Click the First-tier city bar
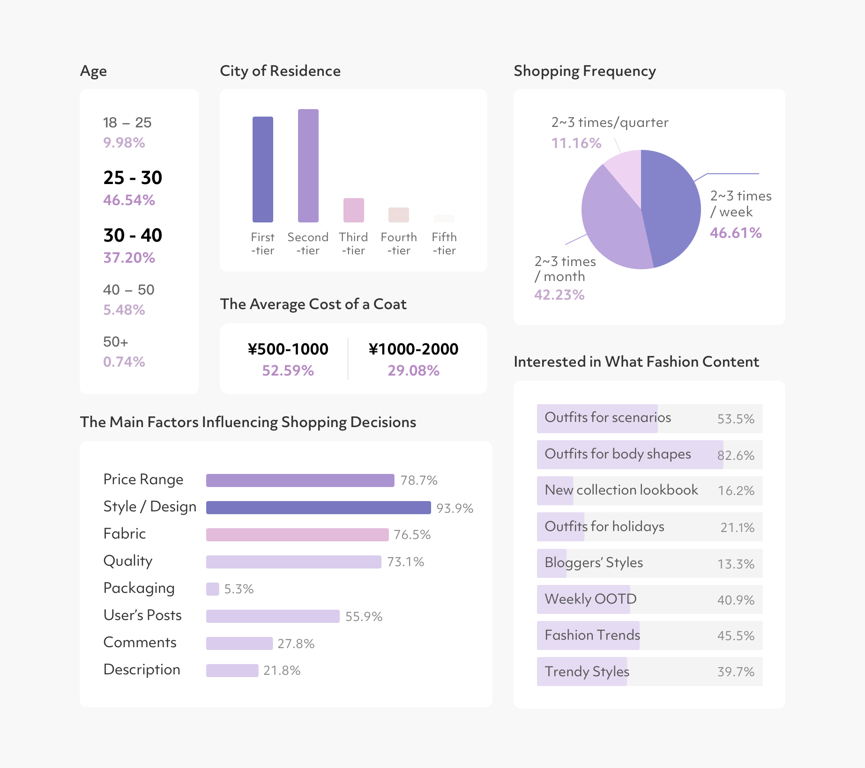[x=262, y=169]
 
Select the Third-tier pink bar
[x=353, y=210]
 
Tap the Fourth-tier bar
[x=398, y=214]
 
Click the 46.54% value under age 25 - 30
[x=129, y=200]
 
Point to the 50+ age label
[x=115, y=342]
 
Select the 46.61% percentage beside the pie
[x=736, y=233]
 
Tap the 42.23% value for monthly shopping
[x=559, y=295]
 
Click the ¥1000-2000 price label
[x=413, y=349]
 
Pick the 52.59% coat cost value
[x=288, y=371]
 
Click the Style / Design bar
[x=318, y=508]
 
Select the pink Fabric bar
[x=297, y=535]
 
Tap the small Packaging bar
[x=212, y=589]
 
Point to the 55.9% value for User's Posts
[x=364, y=617]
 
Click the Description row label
[x=142, y=670]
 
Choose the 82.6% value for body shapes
[x=736, y=455]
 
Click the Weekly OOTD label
[x=590, y=599]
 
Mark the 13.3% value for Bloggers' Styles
[x=736, y=564]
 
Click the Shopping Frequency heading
[x=584, y=71]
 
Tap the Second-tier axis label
[x=308, y=244]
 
